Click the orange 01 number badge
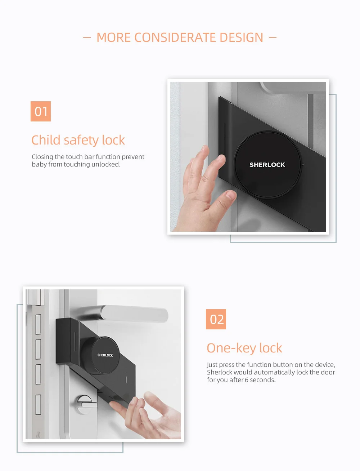(41, 111)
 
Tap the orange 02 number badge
(216, 319)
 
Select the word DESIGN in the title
(241, 37)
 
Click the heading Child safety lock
(78, 140)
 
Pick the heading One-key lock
(244, 348)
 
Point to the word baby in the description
(39, 164)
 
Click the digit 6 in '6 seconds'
(247, 380)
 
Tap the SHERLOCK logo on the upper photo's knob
(267, 165)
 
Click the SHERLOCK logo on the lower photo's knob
(105, 355)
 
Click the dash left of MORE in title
(87, 37)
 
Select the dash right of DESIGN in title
(273, 37)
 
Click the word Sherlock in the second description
(220, 372)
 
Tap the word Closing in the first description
(42, 157)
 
